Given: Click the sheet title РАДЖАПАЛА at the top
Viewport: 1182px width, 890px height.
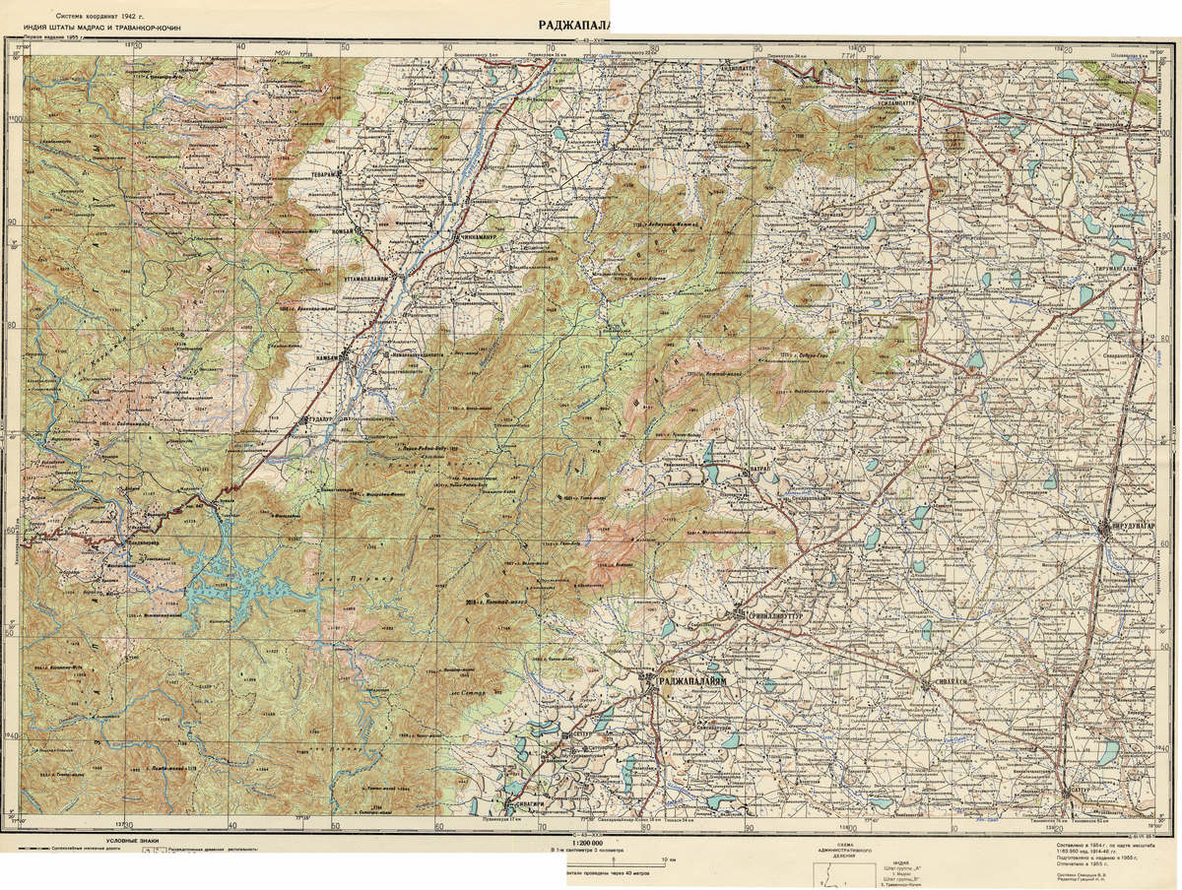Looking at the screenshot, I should coord(575,25).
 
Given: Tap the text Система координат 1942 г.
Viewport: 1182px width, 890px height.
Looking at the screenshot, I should coord(98,17).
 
